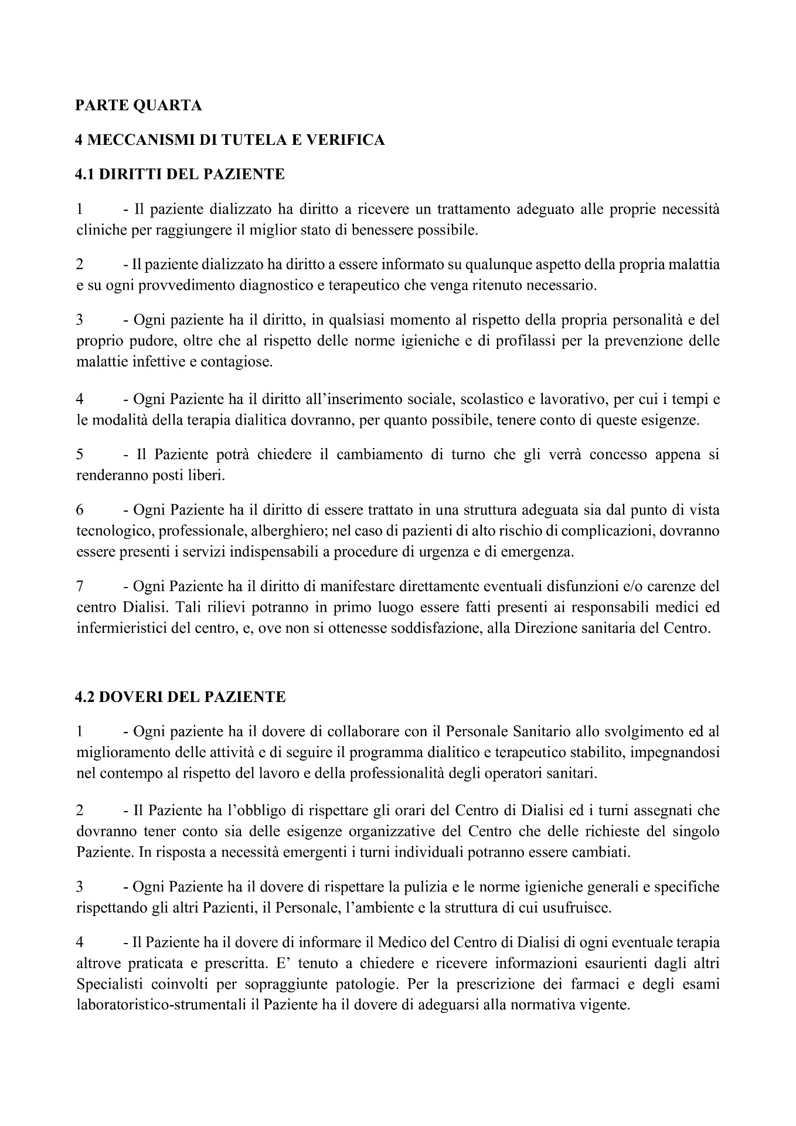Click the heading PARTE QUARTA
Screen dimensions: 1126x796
point(139,106)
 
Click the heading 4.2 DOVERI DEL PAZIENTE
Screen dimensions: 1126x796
point(181,697)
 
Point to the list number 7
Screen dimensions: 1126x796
point(80,586)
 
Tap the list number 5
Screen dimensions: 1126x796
point(80,455)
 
